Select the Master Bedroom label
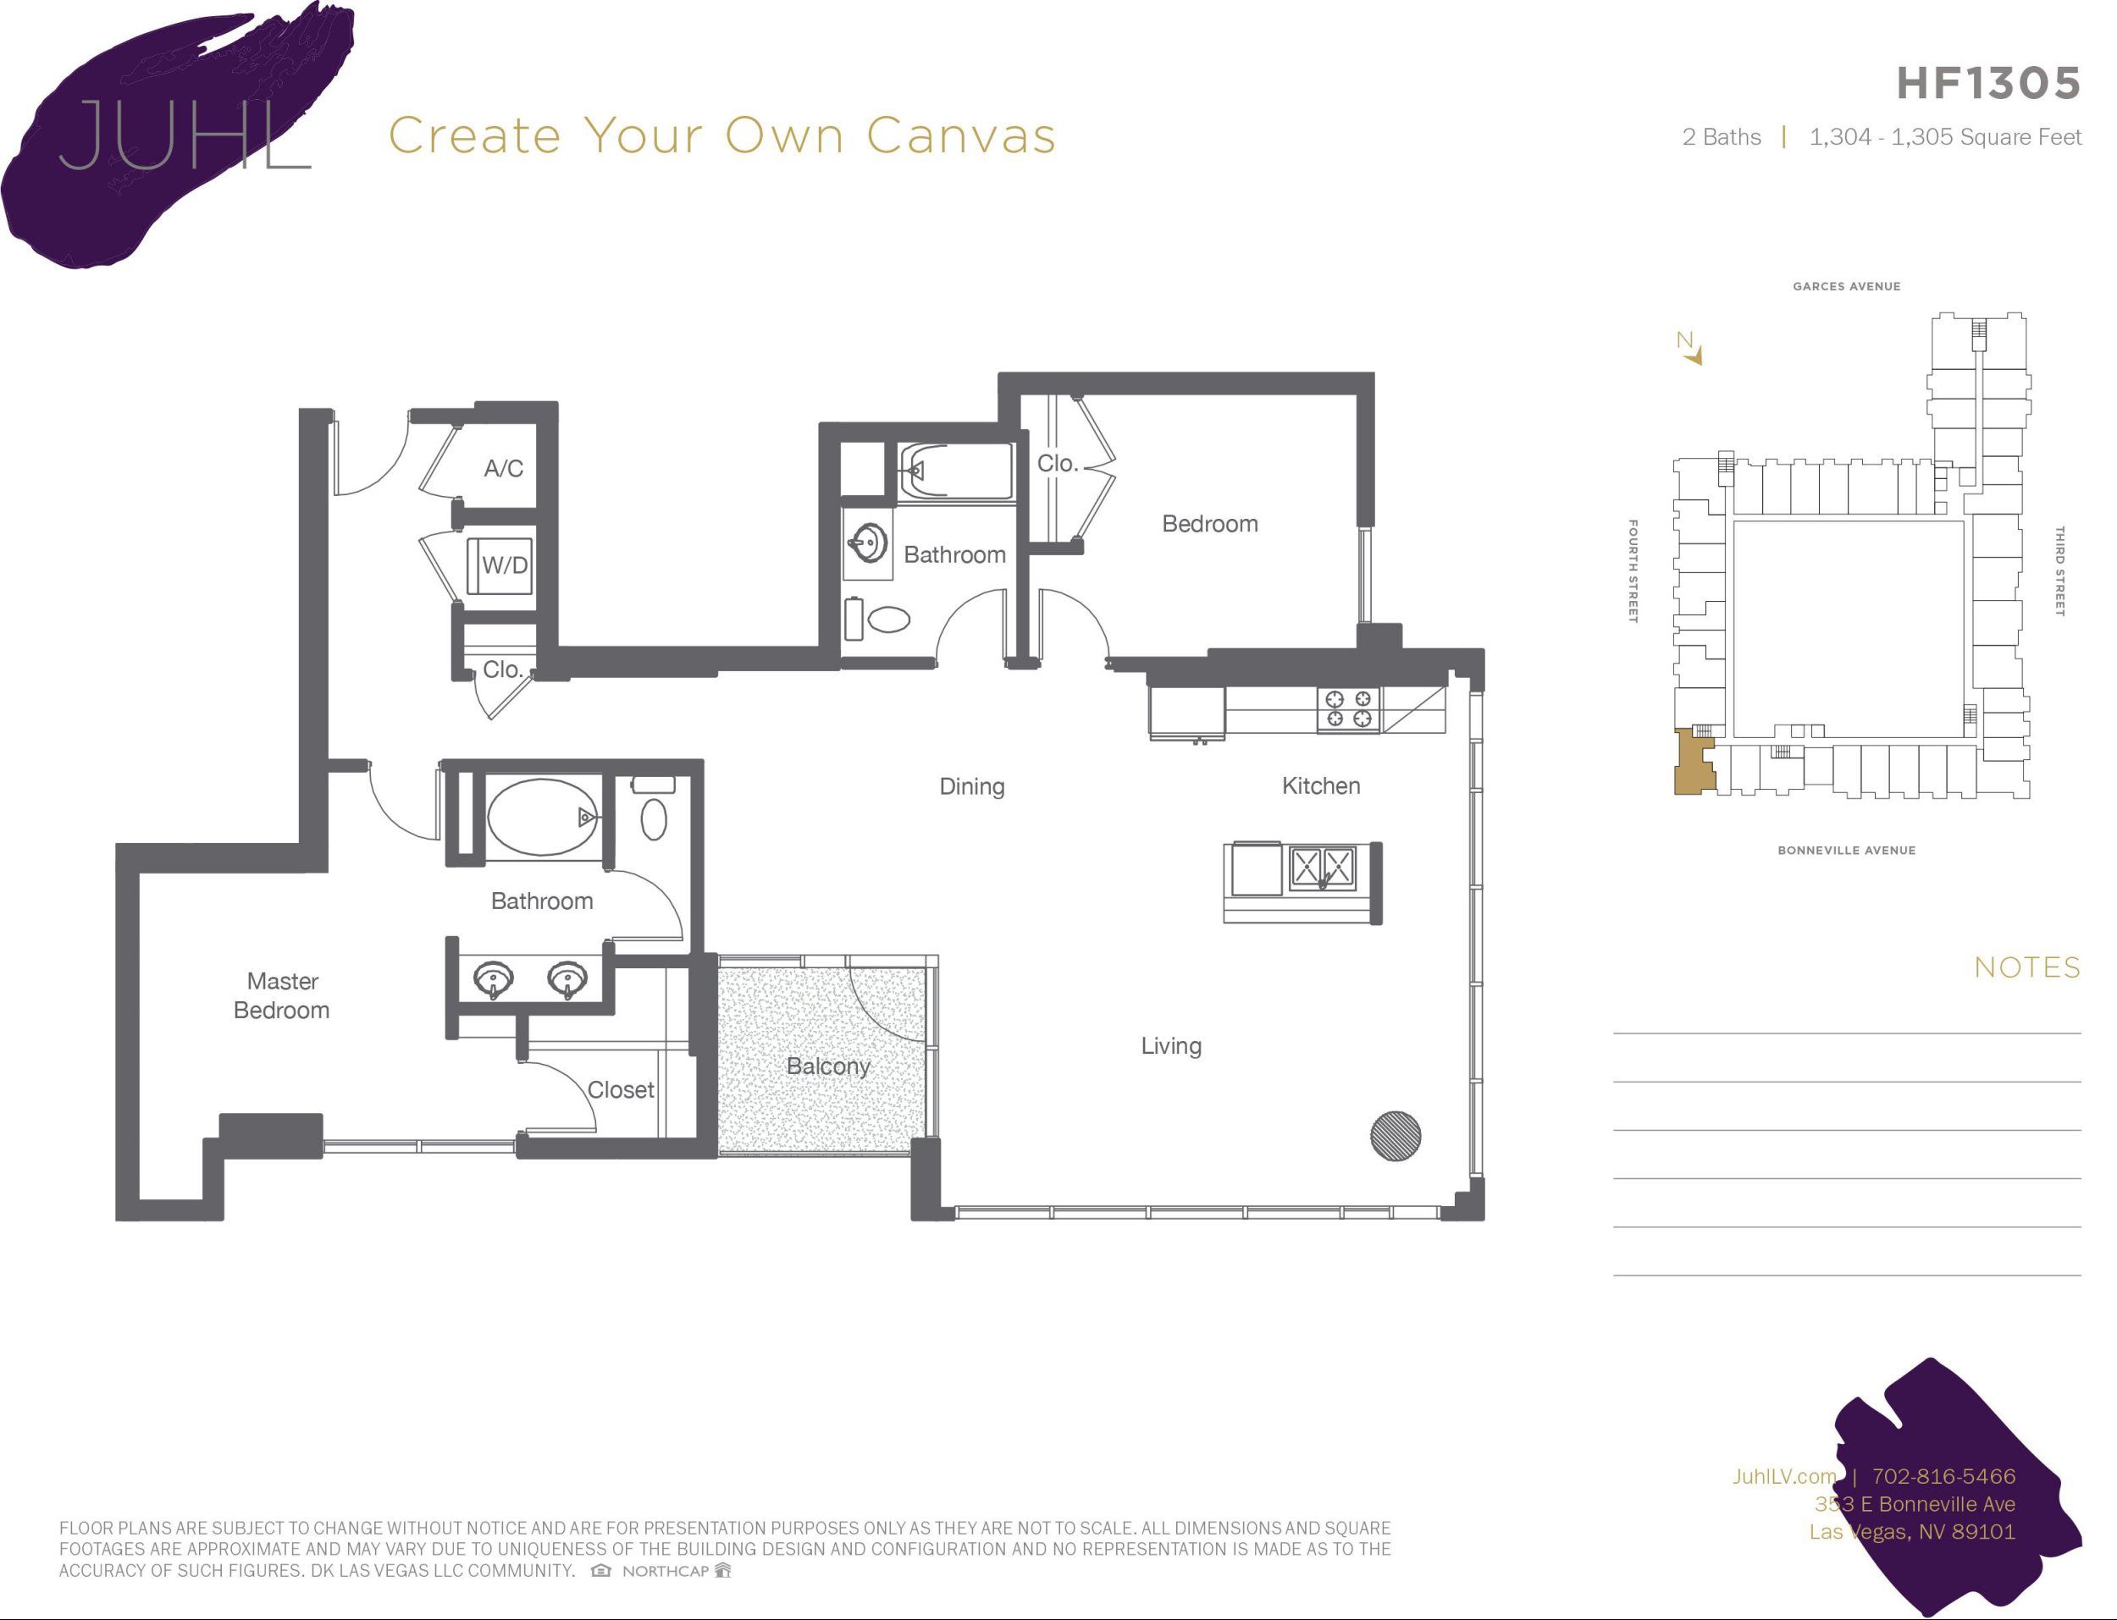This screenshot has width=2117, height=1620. tap(282, 995)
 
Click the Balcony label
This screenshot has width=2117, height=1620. tap(827, 1066)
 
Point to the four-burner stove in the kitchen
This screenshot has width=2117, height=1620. tap(1347, 708)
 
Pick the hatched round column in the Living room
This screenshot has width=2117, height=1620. tap(1395, 1135)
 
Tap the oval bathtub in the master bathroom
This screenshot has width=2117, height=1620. tap(542, 817)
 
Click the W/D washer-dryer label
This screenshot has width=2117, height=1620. tap(505, 565)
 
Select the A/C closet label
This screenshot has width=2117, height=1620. tap(504, 469)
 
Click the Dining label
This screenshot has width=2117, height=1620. tap(971, 786)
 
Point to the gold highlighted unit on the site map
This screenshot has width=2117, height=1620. tap(1693, 764)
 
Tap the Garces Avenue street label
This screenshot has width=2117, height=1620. tap(1846, 286)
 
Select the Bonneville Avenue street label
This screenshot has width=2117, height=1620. tap(1846, 850)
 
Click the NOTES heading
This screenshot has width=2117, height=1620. tap(2026, 967)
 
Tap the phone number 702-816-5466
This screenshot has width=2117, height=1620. tap(1943, 1475)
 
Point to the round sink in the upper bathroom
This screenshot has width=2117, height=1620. tap(868, 543)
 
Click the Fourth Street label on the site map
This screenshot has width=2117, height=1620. tap(1632, 570)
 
